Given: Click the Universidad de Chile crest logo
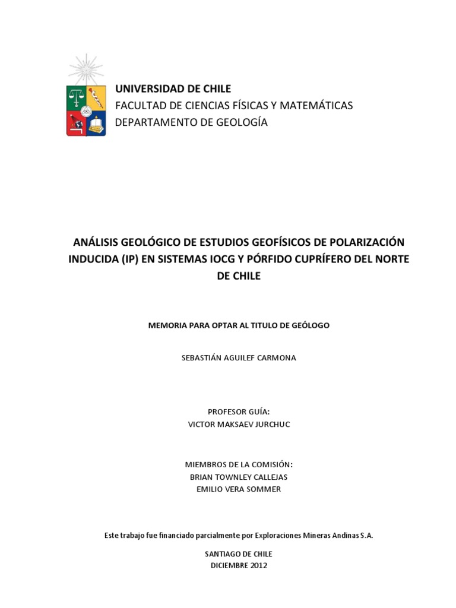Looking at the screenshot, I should (86, 110).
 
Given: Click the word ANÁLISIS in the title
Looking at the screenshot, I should (95, 242).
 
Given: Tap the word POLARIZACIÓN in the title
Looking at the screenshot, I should (367, 242).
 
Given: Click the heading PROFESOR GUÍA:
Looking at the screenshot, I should (239, 411).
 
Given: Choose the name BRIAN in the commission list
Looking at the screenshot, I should (203, 477).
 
